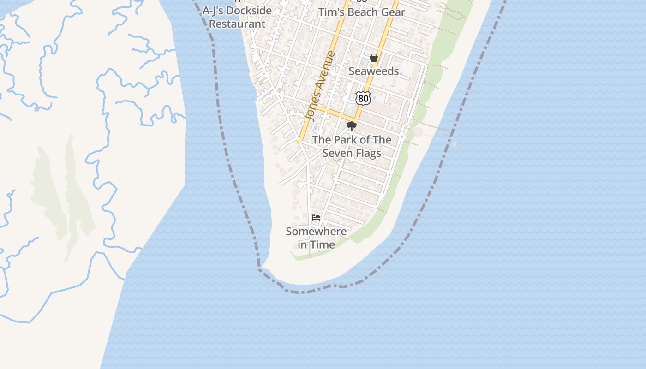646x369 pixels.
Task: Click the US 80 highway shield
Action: tap(363, 98)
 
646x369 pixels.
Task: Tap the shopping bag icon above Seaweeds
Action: tap(374, 58)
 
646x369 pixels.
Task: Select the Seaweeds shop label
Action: tap(373, 71)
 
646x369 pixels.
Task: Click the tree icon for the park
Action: tap(352, 126)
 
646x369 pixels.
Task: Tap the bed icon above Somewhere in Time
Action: tap(316, 218)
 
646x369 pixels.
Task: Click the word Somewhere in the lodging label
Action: tap(316, 232)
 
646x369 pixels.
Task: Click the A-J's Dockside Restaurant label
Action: tap(237, 17)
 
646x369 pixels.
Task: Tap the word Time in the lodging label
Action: tap(323, 245)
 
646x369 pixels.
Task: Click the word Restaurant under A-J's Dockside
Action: tap(237, 24)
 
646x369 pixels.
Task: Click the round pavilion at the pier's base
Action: tap(418, 132)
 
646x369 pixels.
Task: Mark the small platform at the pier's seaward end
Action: tap(455, 144)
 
